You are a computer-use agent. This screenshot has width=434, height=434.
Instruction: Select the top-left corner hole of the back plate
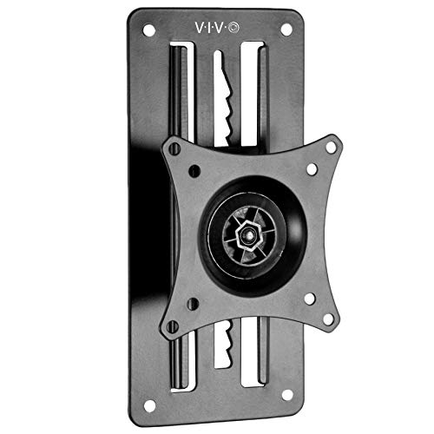click(144, 30)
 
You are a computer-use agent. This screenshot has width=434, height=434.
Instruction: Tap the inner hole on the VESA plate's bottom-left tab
click(194, 304)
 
